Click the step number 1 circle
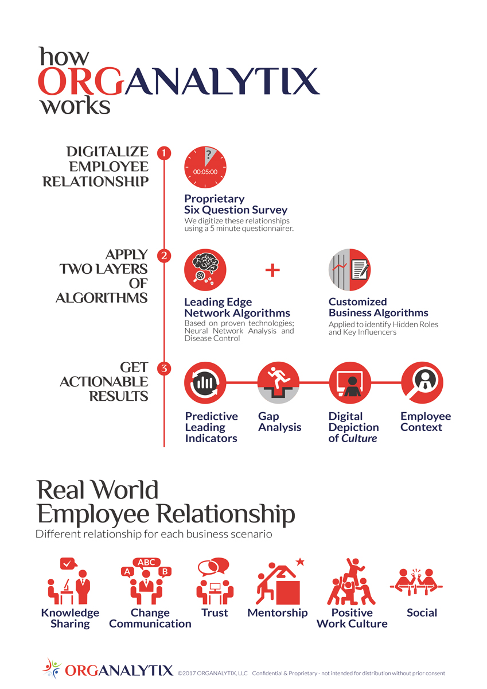coord(164,153)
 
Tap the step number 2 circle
coord(164,256)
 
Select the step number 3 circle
coord(164,369)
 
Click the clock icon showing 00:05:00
coord(205,167)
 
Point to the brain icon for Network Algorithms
coord(205,269)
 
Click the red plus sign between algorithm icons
coord(272,270)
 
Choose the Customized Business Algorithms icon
coord(349,269)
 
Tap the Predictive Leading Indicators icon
coord(205,383)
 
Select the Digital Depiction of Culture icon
coord(349,383)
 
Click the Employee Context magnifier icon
coord(422,383)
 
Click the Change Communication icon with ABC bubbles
coord(147,580)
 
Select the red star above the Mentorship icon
coord(300,562)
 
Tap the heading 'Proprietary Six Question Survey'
coord(235,204)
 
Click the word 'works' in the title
coord(74,106)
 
